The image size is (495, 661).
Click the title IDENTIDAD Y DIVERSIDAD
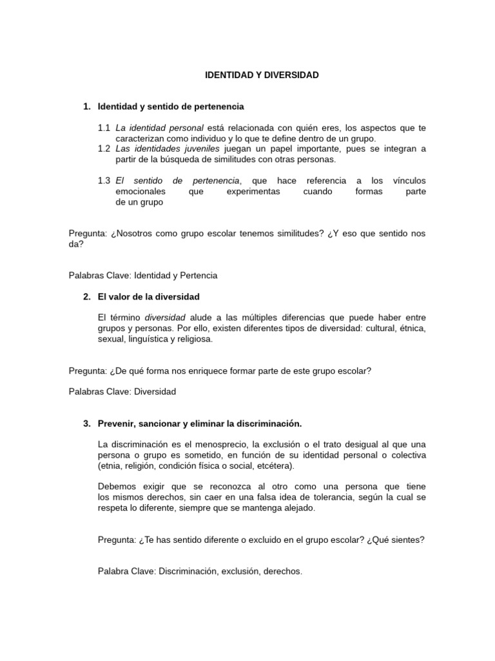[262, 76]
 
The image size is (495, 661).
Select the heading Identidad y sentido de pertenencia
[171, 106]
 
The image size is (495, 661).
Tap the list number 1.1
[104, 128]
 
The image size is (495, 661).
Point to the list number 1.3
[104, 181]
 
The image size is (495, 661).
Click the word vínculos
[409, 181]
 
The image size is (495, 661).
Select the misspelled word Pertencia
[196, 276]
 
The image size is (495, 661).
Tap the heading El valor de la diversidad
[149, 297]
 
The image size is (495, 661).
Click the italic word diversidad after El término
[165, 318]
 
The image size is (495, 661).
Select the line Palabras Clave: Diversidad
[122, 392]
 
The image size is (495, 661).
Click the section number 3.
[86, 423]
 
